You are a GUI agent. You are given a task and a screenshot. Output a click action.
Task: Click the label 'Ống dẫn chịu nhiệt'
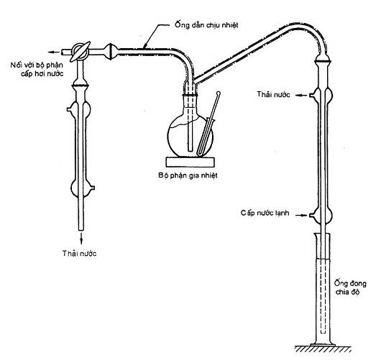click(x=206, y=25)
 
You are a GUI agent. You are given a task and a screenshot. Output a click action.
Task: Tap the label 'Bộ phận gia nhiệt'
click(x=188, y=175)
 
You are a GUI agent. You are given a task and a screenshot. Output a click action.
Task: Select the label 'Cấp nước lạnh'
click(x=265, y=213)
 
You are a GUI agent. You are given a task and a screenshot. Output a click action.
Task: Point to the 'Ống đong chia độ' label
click(x=350, y=287)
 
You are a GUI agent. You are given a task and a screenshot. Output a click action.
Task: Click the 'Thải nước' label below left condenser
click(x=80, y=254)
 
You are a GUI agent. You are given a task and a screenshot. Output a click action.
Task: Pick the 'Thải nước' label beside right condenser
click(x=274, y=94)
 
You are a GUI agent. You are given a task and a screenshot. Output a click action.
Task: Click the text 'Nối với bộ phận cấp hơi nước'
click(x=37, y=69)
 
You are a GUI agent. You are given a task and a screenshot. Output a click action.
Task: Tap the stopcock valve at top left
click(x=80, y=52)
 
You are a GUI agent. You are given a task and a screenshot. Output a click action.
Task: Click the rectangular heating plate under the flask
click(x=190, y=162)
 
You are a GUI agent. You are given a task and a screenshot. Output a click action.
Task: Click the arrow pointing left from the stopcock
click(x=53, y=52)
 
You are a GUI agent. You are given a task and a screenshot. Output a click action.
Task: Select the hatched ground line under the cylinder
click(x=323, y=349)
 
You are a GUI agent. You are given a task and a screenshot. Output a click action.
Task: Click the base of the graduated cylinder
click(x=323, y=345)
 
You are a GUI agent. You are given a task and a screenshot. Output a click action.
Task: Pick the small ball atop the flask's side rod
click(x=219, y=93)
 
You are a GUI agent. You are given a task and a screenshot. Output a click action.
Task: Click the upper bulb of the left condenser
click(x=79, y=109)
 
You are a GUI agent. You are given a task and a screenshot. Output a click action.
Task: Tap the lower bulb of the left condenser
click(x=82, y=188)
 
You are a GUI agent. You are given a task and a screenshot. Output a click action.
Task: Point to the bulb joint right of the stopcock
click(x=111, y=52)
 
